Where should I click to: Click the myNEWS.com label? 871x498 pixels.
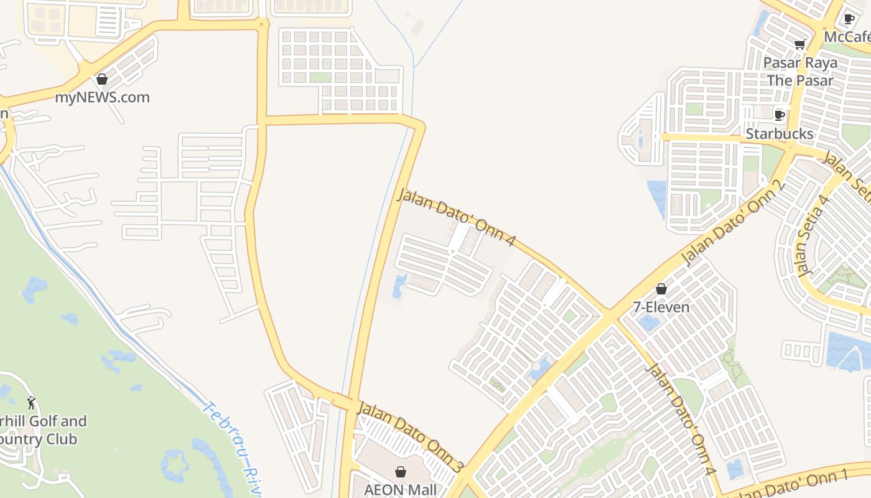[x=102, y=98]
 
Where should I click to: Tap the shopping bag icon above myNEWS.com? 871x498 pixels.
[x=102, y=80]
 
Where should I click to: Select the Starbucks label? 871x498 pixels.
[x=779, y=134]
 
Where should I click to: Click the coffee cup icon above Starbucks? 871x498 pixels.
[x=779, y=115]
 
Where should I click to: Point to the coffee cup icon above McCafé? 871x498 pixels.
[x=849, y=19]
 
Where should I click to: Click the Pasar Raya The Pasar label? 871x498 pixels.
[x=800, y=72]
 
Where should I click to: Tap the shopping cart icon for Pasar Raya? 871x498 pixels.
[x=799, y=44]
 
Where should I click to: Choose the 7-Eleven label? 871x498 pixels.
[x=661, y=307]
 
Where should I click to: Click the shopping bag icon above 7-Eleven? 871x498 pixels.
[x=661, y=289]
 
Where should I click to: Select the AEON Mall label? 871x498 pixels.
[x=401, y=490]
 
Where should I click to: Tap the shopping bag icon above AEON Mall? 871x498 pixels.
[x=401, y=472]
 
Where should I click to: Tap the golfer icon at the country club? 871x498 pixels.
[x=31, y=403]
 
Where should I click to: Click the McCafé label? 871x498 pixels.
[x=847, y=37]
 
